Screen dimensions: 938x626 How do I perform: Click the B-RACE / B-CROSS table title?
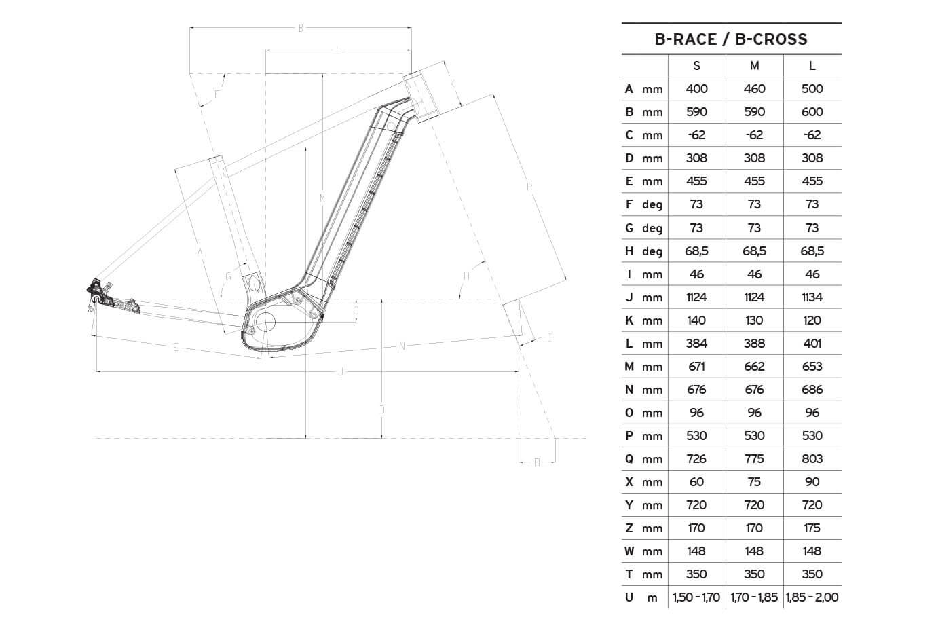tap(731, 39)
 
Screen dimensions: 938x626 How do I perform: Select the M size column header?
tap(754, 66)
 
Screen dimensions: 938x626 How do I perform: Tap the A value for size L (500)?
tap(812, 89)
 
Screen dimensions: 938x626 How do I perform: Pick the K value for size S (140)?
tap(696, 320)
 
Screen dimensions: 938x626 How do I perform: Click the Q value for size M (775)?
tap(754, 459)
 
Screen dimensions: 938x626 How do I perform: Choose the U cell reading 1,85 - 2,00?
tap(812, 597)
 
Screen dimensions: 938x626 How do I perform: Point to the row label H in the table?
tap(629, 251)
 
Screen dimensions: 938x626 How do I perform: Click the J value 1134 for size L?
tap(812, 297)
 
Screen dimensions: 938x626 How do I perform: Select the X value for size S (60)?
tap(696, 482)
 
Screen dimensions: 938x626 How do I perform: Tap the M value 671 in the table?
tap(696, 367)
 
